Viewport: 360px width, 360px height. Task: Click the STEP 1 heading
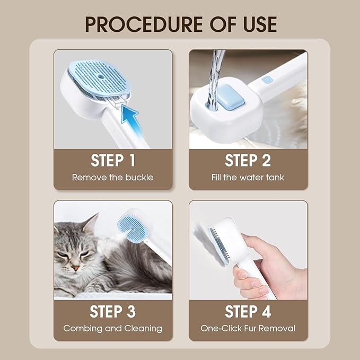click(113, 160)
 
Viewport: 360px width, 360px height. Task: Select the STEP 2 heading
click(248, 160)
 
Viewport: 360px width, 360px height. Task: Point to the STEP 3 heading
click(113, 311)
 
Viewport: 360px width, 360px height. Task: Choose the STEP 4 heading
click(248, 311)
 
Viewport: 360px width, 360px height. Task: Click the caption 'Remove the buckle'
click(113, 178)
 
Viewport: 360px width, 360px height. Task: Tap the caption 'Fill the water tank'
click(248, 178)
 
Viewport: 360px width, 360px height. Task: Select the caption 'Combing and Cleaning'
click(113, 328)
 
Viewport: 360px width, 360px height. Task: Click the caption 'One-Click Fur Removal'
click(248, 328)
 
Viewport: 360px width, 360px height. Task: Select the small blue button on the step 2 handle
click(268, 80)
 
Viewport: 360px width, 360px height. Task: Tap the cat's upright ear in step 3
click(91, 223)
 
